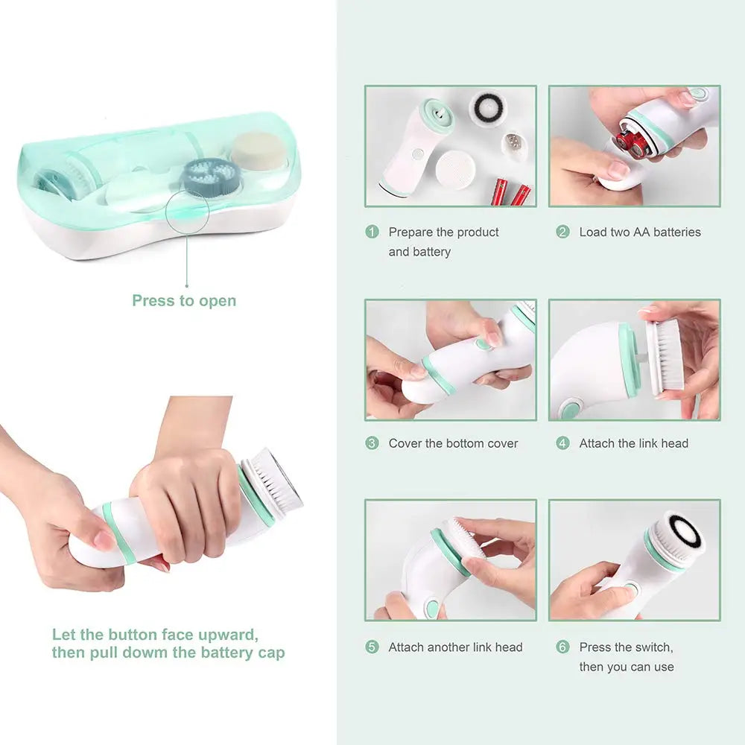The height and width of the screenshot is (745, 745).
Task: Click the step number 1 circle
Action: coord(372,232)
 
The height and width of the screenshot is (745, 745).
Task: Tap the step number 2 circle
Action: coord(562,232)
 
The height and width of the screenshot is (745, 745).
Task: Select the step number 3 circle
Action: coord(372,443)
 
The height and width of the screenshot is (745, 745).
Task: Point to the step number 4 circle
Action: coord(562,443)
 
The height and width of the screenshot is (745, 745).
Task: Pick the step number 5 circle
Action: coord(372,647)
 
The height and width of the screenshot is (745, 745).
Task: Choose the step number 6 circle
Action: coord(562,647)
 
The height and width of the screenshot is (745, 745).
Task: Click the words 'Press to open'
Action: coord(184,301)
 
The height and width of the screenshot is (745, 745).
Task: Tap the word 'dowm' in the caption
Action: coord(142,653)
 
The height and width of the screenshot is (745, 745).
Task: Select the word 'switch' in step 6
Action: coord(654,647)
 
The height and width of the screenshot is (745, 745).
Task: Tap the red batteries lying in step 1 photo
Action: coord(513,192)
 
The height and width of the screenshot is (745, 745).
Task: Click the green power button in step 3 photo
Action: coord(484,344)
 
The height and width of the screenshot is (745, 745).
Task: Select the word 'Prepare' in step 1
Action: coord(410,232)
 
